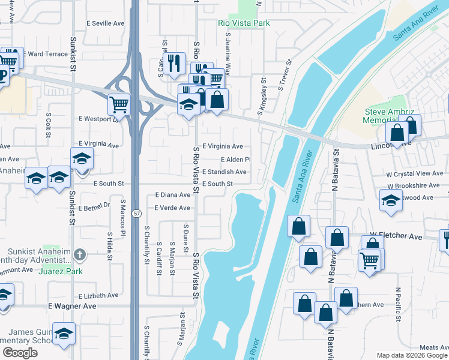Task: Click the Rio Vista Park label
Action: click(243, 23)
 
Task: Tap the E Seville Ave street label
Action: click(105, 23)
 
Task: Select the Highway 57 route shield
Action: click(137, 213)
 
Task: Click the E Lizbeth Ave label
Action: click(98, 296)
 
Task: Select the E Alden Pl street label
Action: click(235, 160)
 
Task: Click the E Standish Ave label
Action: click(224, 172)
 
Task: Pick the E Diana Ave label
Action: click(172, 195)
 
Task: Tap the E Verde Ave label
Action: click(172, 208)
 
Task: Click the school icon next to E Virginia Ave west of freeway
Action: click(82, 159)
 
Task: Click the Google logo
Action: click(20, 353)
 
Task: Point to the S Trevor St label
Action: click(285, 75)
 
